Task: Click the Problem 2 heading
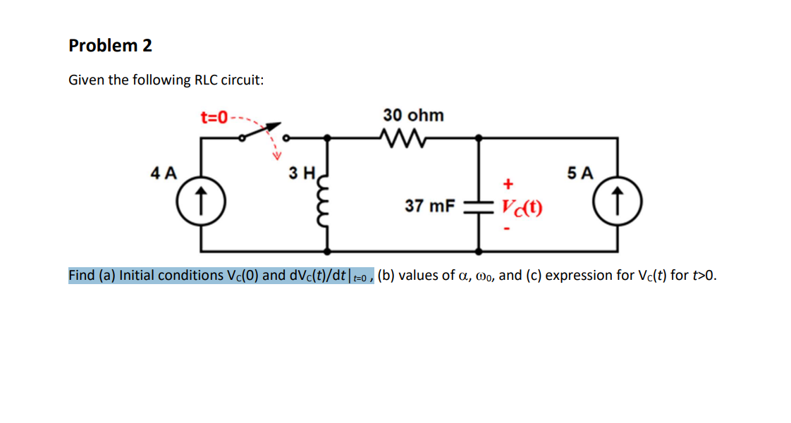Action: pyautogui.click(x=110, y=46)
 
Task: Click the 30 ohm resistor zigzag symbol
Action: pyautogui.click(x=400, y=135)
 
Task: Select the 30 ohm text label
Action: pyautogui.click(x=413, y=115)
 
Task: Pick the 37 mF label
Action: pyautogui.click(x=429, y=207)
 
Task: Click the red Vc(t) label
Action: pyautogui.click(x=522, y=207)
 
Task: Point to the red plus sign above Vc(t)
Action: pyautogui.click(x=505, y=185)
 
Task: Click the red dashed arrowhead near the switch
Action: pyautogui.click(x=277, y=156)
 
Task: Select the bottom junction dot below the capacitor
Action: pyautogui.click(x=479, y=250)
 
